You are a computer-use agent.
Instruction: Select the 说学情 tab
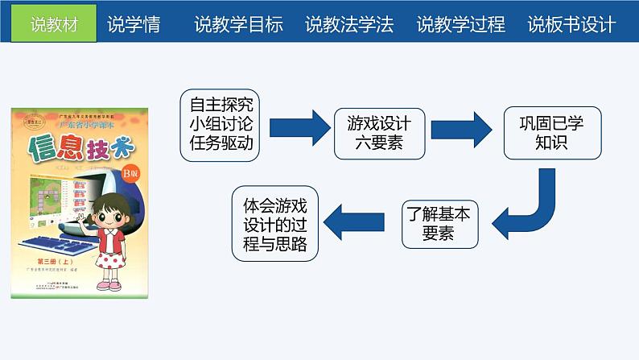coord(134,25)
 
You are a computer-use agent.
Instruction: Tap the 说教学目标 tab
coord(239,25)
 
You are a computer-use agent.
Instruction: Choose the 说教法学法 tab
coord(350,25)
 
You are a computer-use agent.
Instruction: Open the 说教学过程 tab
coord(461,25)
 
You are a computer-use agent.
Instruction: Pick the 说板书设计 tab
coord(572,25)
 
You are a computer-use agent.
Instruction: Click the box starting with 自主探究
coord(221,124)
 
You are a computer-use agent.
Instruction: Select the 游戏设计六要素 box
coord(378,133)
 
